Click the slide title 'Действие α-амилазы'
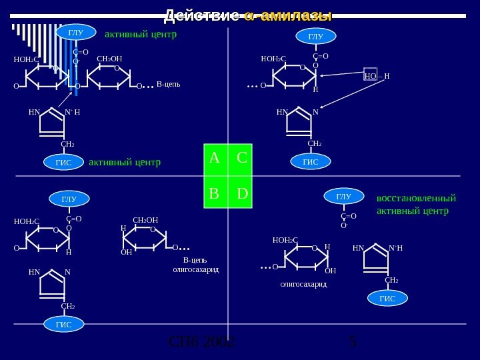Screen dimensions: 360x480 248,15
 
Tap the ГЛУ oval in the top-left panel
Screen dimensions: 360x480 74,31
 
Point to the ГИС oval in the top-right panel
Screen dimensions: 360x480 310,162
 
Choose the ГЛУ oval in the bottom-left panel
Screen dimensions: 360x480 69,199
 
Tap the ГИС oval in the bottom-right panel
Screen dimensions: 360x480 387,299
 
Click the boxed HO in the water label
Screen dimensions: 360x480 371,75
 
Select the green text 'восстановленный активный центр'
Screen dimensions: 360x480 416,205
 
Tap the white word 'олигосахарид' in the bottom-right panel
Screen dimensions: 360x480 303,283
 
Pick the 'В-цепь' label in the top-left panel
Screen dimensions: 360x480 169,85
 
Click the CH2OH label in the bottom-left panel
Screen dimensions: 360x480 145,219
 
